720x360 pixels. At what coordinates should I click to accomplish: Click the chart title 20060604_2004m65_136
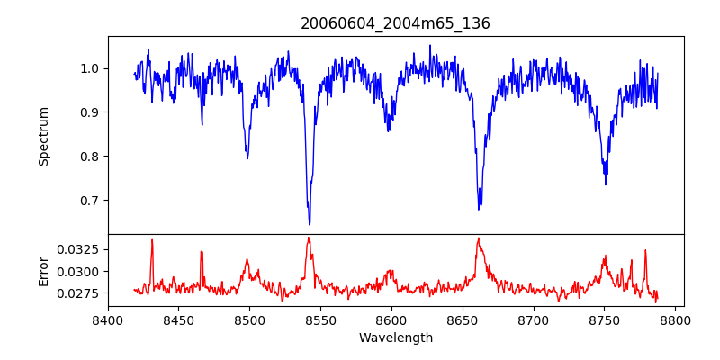pyautogui.click(x=395, y=23)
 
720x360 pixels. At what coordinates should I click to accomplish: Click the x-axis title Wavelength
pyautogui.click(x=395, y=338)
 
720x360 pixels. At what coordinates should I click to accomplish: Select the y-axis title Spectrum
pyautogui.click(x=44, y=136)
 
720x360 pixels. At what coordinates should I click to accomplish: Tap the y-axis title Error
pyautogui.click(x=44, y=270)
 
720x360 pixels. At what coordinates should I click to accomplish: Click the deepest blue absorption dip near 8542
pyautogui.click(x=310, y=223)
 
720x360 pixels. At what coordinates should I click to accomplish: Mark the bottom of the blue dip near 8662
pyautogui.click(x=479, y=209)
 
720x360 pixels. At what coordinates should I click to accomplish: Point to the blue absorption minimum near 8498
pyautogui.click(x=247, y=158)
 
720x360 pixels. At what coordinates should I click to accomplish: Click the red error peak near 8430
pyautogui.click(x=152, y=240)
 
